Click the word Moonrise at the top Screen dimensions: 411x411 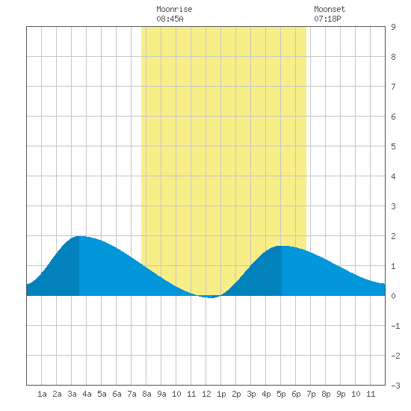pos(174,9)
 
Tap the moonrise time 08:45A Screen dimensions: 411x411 pos(170,19)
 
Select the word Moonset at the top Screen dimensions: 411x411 pos(330,9)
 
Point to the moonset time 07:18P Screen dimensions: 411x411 pos(327,19)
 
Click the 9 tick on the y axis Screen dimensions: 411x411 pos(393,27)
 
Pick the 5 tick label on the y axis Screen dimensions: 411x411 pos(393,146)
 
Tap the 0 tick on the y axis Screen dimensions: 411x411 pos(393,296)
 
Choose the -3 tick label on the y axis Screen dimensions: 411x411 pos(395,386)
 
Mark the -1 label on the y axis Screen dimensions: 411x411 pos(395,326)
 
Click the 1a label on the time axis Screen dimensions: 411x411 pos(42,394)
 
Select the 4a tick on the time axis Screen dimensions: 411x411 pos(87,394)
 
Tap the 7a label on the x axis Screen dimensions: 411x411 pos(132,394)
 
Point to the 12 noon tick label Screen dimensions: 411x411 pos(206,394)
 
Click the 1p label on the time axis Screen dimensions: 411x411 pos(221,394)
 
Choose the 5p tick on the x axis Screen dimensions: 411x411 pos(281,394)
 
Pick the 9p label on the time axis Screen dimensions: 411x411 pos(341,394)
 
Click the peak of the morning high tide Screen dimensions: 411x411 pos(79,236)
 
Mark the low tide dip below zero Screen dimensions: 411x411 pos(211,297)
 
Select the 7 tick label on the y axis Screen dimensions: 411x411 pos(393,87)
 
